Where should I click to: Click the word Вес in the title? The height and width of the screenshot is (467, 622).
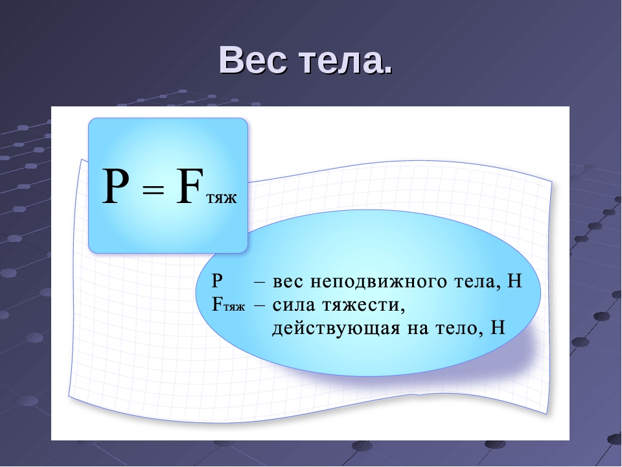tap(253, 60)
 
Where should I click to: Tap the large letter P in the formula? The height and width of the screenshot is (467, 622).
tap(115, 186)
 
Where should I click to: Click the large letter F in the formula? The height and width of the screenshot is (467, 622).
tap(190, 186)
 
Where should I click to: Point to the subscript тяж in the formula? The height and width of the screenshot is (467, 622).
tap(222, 198)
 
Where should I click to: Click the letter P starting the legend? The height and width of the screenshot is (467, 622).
tap(217, 281)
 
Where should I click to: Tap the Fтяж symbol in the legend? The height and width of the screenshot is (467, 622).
tap(229, 305)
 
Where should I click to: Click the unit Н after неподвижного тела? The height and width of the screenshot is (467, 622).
tap(514, 281)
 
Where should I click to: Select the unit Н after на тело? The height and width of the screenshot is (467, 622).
tap(498, 328)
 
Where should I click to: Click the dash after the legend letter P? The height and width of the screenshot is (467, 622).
tap(259, 282)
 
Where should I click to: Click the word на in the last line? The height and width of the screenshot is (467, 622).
tap(417, 329)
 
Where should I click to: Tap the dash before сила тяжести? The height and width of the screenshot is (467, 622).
tap(259, 306)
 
